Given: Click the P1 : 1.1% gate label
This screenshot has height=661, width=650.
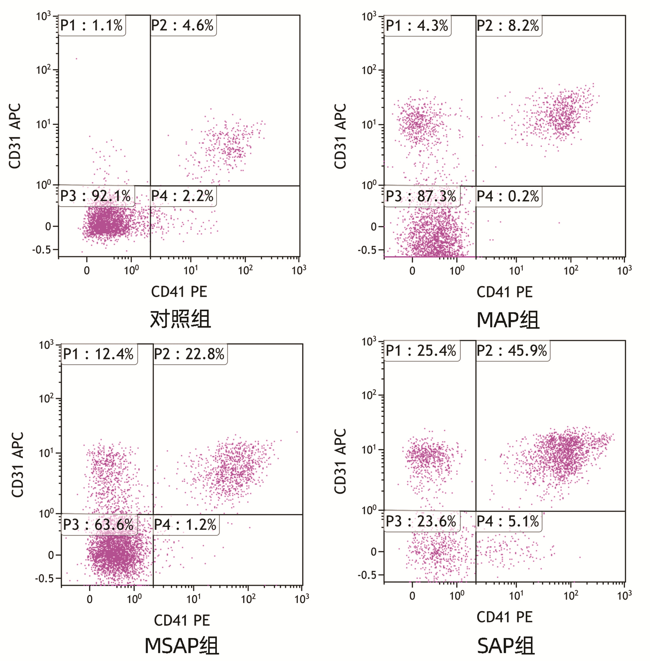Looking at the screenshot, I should [92, 26].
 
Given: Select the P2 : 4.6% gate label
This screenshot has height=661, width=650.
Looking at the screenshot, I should [182, 26].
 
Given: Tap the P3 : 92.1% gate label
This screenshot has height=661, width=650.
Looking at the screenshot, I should [95, 196].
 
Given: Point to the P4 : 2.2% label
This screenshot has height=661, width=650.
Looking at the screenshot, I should [182, 196].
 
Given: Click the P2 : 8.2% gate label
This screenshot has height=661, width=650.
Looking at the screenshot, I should [508, 26].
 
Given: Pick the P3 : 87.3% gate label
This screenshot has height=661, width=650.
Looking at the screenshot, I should [421, 196].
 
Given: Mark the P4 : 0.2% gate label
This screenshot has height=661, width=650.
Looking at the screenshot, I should [508, 196].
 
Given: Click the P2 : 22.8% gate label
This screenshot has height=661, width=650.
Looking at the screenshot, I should [189, 354].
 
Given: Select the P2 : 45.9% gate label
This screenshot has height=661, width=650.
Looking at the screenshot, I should [512, 351].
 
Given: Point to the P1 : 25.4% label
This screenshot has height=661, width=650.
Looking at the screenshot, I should [421, 351].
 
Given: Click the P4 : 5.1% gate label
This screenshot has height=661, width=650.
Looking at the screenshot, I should [508, 522].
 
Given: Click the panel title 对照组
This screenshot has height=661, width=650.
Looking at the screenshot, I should [180, 319].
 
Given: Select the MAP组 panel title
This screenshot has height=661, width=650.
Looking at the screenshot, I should [508, 320].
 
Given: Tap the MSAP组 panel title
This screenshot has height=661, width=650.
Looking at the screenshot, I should [182, 646].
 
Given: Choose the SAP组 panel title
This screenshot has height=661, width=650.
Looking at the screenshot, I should [505, 646].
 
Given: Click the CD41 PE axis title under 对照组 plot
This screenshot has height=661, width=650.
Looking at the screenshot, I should [179, 292].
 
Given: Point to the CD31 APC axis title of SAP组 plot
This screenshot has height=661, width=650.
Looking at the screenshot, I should [340, 461].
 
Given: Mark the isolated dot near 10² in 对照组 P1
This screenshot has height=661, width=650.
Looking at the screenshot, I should [76, 59].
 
